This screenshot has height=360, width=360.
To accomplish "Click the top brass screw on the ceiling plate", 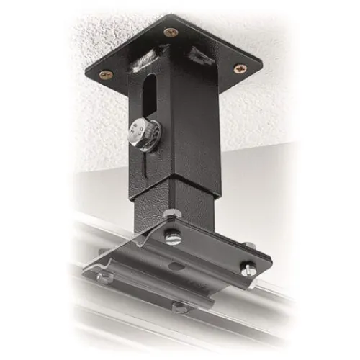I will [x=171, y=32].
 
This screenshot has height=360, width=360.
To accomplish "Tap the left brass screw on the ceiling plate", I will [x=105, y=73].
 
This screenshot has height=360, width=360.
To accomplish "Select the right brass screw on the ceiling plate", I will [x=240, y=68].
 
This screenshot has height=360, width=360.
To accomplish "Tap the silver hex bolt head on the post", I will [x=141, y=135].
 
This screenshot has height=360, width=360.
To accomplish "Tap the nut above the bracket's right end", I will [x=248, y=247].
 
